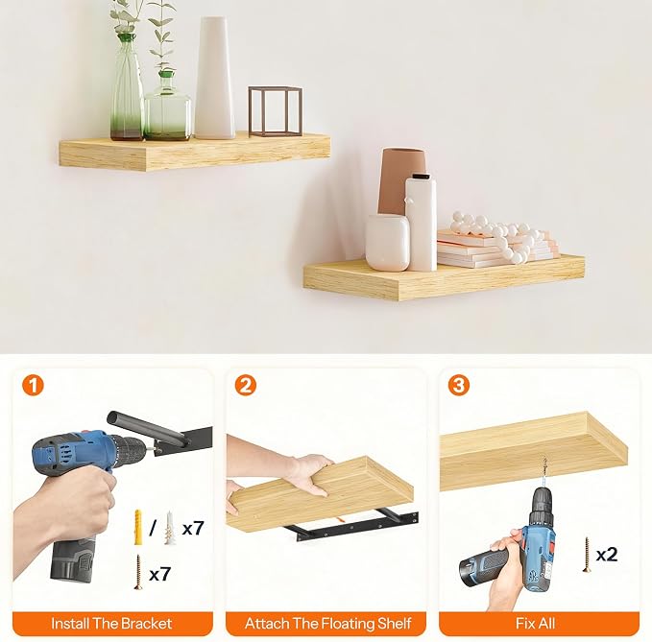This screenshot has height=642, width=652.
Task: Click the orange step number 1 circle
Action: pyautogui.click(x=33, y=385)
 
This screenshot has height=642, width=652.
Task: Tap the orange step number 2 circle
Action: pyautogui.click(x=245, y=385)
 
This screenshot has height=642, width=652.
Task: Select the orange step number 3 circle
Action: pyautogui.click(x=459, y=385)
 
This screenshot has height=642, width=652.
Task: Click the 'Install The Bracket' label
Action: pyautogui.click(x=111, y=623)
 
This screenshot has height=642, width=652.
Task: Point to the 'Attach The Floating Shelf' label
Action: pyautogui.click(x=327, y=623)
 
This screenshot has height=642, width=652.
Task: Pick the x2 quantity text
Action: pyautogui.click(x=607, y=555)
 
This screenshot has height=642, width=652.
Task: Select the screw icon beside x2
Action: pyautogui.click(x=587, y=555)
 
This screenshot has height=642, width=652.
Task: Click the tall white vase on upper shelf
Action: pyautogui.click(x=215, y=78)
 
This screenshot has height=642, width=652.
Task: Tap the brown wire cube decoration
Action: pyautogui.click(x=276, y=111)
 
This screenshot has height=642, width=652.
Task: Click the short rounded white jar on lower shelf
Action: pyautogui.click(x=387, y=243)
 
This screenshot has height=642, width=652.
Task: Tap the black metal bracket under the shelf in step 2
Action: pyautogui.click(x=354, y=527)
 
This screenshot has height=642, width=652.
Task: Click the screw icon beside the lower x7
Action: pyautogui.click(x=138, y=572)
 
